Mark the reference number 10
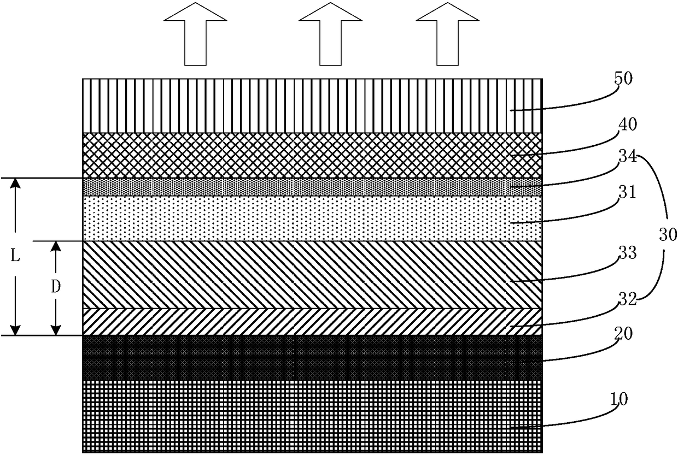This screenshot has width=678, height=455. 618,399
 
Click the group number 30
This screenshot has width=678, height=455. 667,235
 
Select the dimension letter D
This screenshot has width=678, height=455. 55,288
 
